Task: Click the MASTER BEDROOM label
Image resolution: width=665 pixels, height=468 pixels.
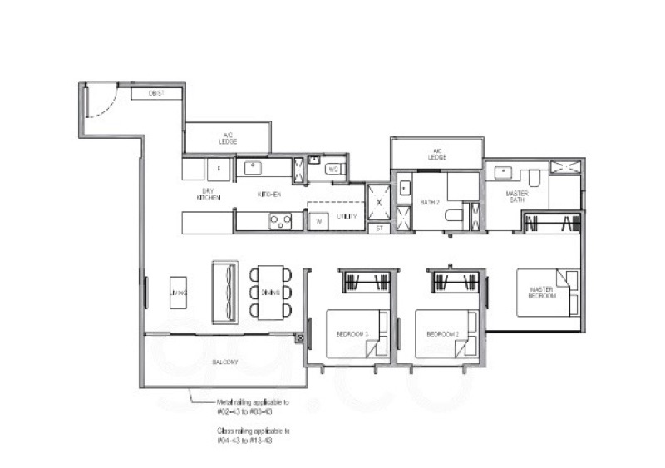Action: tap(541, 293)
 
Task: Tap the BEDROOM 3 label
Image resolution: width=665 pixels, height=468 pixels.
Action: tap(351, 333)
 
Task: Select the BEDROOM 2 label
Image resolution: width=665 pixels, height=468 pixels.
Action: tap(442, 333)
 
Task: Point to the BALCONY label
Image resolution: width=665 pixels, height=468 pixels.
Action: tap(225, 362)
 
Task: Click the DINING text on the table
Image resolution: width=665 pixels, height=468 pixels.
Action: tap(270, 293)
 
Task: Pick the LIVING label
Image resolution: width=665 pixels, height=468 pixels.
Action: tap(179, 293)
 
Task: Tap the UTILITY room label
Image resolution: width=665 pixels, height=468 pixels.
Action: tap(347, 217)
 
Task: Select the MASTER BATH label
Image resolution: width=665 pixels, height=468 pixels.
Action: tap(517, 196)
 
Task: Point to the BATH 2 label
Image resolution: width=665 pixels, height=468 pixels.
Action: tap(429, 201)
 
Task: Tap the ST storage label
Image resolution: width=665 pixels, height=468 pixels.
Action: tap(378, 227)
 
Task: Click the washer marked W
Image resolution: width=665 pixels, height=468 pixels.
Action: tap(317, 223)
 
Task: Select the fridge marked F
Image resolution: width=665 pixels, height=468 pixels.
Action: tap(219, 169)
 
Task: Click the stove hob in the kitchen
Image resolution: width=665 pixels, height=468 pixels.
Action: tap(280, 221)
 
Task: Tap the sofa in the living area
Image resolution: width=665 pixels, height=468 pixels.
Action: tap(224, 292)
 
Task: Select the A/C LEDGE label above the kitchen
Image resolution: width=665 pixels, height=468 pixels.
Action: tap(228, 138)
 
